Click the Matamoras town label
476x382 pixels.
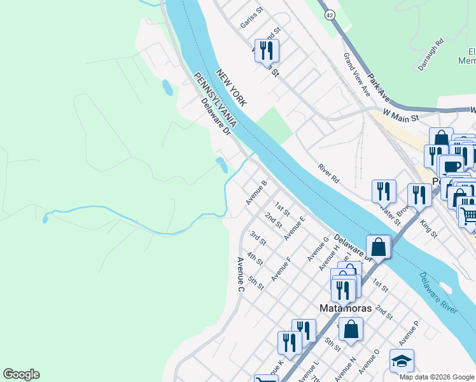[x=344, y=308]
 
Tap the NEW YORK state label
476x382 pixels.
[x=231, y=88]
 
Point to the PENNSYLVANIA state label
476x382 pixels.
[x=216, y=99]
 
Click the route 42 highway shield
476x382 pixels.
[x=329, y=15]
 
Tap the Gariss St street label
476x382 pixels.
[x=252, y=18]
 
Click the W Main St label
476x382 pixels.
[x=400, y=115]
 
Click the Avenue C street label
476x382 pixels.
[x=241, y=274]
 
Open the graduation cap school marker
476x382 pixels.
[x=402, y=361]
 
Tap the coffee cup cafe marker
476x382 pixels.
[x=451, y=166]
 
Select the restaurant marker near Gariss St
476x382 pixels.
[x=267, y=50]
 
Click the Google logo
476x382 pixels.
[x=21, y=374]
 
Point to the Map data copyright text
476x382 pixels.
[x=437, y=377]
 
